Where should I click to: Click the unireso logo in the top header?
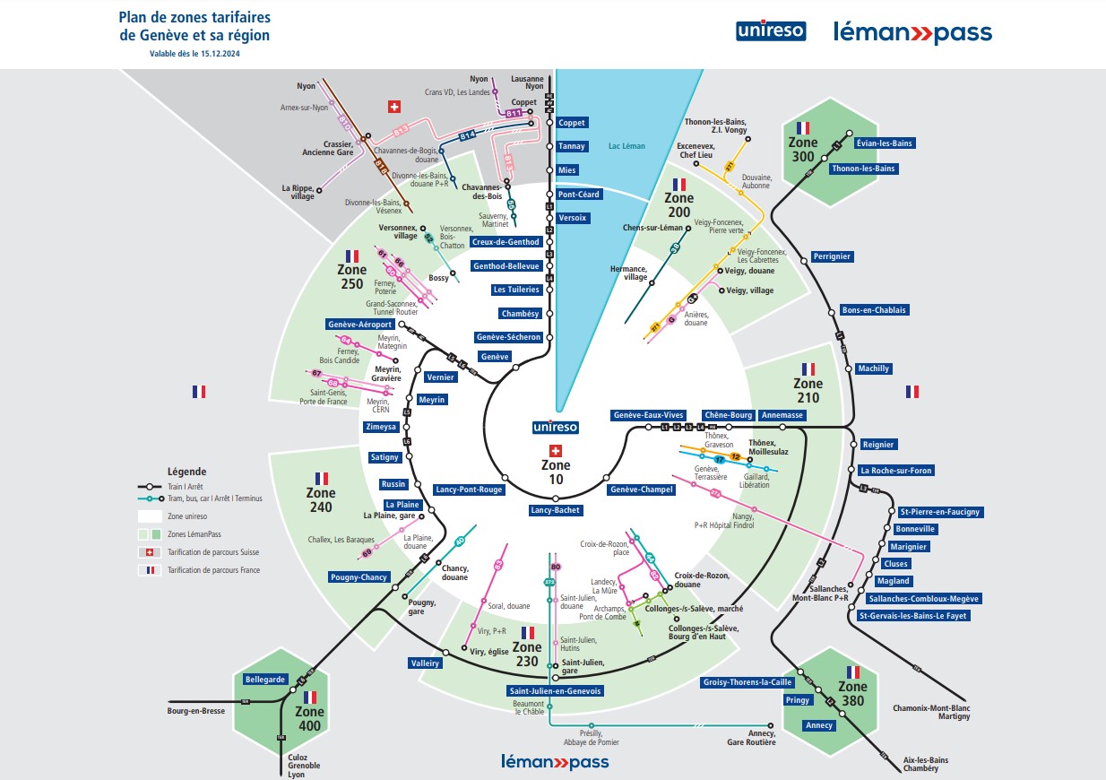click(x=771, y=31)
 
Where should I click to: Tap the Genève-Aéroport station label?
click(x=359, y=324)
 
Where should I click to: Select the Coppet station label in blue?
click(x=571, y=123)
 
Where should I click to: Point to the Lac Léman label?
click(x=626, y=145)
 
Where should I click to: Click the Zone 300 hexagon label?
click(x=803, y=149)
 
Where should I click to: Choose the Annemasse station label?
click(x=782, y=415)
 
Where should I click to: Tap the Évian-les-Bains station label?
click(x=860, y=143)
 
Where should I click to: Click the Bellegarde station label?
click(x=264, y=680)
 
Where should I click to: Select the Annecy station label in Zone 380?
click(x=819, y=725)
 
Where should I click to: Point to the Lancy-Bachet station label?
click(x=556, y=510)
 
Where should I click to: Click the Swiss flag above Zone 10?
click(x=556, y=451)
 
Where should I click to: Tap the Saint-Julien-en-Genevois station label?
click(x=556, y=691)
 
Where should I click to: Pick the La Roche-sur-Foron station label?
click(x=896, y=471)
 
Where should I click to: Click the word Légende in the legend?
click(x=186, y=472)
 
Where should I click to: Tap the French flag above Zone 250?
click(x=352, y=256)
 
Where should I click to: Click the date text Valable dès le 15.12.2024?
click(x=194, y=54)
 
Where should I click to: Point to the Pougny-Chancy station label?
click(x=359, y=577)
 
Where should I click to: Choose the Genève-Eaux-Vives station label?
click(x=648, y=415)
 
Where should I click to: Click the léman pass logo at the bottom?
click(x=555, y=762)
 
